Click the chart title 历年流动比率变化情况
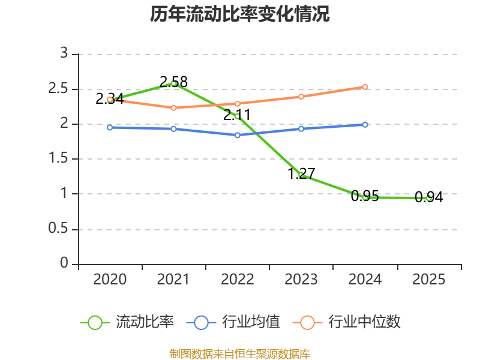click(239, 14)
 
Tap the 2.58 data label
click(173, 82)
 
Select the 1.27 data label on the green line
click(302, 173)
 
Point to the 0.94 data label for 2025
click(429, 197)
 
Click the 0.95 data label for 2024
click(365, 196)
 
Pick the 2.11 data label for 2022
click(237, 115)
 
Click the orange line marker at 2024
click(365, 87)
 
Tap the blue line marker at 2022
click(237, 135)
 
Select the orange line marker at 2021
click(173, 108)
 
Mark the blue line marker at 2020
click(110, 127)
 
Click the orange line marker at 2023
click(301, 97)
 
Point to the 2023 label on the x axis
click(301, 280)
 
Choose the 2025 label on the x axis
click(429, 280)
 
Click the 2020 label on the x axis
click(110, 280)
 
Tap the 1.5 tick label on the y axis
click(58, 158)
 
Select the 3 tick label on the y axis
click(64, 53)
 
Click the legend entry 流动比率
click(127, 322)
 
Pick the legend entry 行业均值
click(233, 322)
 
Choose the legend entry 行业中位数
click(347, 322)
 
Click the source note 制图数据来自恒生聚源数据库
click(240, 354)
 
